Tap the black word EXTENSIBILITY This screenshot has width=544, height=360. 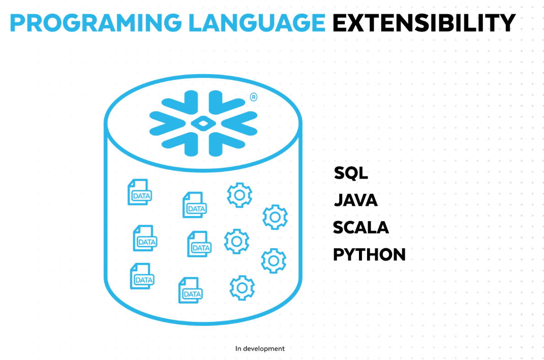coord(424,22)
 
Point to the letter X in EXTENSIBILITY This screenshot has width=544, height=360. coord(358,22)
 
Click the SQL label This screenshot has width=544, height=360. coord(351,173)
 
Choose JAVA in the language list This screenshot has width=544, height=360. coord(356,200)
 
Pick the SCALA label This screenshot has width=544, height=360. coord(361,227)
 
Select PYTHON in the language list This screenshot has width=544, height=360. coord(369,254)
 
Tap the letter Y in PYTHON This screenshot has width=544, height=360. coord(351,254)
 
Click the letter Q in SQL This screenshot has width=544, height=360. coord(351,173)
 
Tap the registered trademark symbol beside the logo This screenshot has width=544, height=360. coord(253,97)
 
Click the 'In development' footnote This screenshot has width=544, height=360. coord(260,349)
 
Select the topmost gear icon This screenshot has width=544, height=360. coord(239,195)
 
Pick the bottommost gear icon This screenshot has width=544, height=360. coord(241,287)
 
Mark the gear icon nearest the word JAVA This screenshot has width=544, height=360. coord(275,217)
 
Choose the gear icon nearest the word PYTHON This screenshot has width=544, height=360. coord(274,260)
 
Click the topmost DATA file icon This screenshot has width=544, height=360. coord(139,192)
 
